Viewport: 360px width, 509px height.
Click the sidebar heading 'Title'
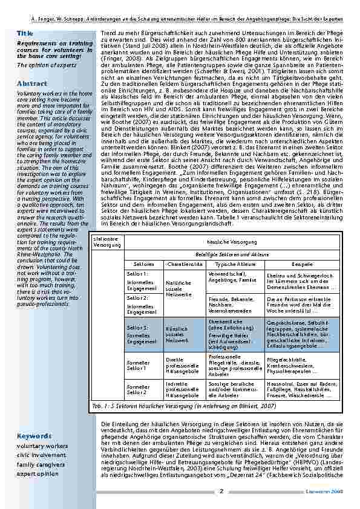pyautogui.click(x=25, y=33)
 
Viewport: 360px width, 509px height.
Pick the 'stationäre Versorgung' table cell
pyautogui.click(x=107, y=242)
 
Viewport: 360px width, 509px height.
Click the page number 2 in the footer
pyautogui.click(x=221, y=491)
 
